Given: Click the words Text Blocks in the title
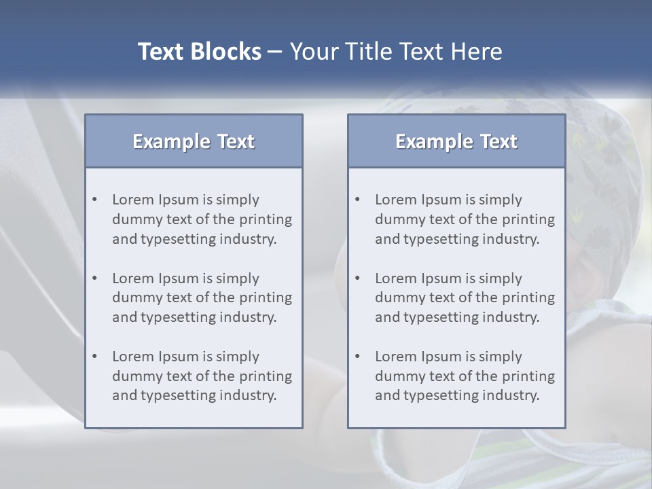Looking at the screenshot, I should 199,52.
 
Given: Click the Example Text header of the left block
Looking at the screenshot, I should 194,141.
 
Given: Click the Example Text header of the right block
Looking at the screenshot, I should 456,141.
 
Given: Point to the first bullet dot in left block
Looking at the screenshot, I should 95,200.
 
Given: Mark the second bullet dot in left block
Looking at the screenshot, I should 95,278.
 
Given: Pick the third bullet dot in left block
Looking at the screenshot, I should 95,357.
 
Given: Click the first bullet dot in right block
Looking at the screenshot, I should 358,200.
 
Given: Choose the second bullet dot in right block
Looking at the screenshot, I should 358,278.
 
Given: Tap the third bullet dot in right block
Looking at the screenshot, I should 358,357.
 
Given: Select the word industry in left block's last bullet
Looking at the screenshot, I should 251,395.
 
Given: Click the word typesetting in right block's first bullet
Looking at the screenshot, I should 443,239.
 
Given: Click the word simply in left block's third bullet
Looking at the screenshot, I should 238,357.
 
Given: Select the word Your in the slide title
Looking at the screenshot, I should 308,52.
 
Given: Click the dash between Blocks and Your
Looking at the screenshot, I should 275,52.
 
